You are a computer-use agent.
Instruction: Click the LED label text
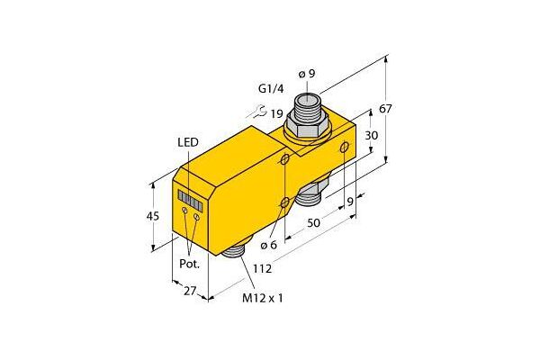[x=188, y=142]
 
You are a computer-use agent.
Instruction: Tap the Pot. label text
[x=189, y=264]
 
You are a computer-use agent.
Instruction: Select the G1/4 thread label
[x=271, y=89]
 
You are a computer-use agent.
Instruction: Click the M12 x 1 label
[x=263, y=298]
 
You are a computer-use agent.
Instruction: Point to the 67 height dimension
[x=385, y=109]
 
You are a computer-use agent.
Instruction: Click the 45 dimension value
[x=153, y=216]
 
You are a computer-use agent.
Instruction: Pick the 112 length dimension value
[x=263, y=268]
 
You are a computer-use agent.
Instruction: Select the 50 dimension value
[x=313, y=223]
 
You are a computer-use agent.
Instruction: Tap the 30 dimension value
[x=371, y=135]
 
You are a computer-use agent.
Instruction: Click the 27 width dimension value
[x=189, y=291]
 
